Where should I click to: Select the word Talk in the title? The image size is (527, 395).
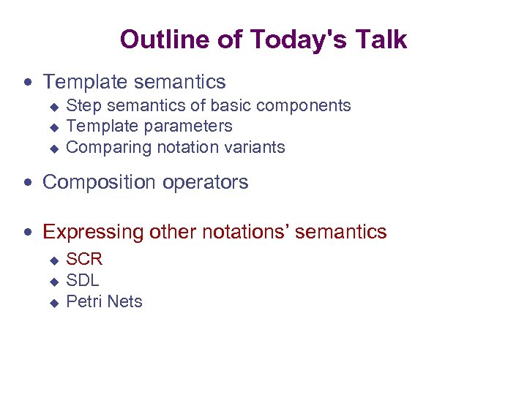[x=378, y=39]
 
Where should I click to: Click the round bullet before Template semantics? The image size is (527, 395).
[x=29, y=82]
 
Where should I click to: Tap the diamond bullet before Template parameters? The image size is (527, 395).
[x=53, y=127]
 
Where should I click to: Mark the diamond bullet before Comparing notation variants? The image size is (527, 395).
[x=53, y=148]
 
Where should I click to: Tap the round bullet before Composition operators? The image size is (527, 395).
[x=29, y=183]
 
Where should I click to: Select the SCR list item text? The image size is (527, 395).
[x=84, y=259]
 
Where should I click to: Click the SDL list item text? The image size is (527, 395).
[x=83, y=280]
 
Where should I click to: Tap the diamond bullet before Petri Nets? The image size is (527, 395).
[x=53, y=303]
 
